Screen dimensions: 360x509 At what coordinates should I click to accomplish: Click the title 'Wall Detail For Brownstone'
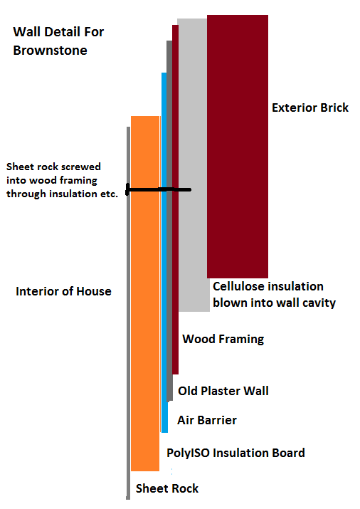click(x=58, y=41)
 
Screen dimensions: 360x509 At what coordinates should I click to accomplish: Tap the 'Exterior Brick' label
click(x=310, y=107)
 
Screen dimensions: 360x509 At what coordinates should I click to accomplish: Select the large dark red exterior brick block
click(x=238, y=147)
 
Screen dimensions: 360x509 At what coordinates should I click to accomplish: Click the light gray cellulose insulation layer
click(x=194, y=165)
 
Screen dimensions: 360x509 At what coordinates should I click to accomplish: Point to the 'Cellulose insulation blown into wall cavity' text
click(x=274, y=295)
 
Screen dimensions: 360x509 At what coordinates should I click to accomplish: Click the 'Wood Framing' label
click(x=223, y=339)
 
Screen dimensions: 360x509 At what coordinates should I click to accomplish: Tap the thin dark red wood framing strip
click(x=175, y=199)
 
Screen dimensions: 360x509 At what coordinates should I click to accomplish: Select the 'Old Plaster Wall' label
click(x=223, y=391)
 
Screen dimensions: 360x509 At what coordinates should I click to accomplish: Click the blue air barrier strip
click(x=164, y=253)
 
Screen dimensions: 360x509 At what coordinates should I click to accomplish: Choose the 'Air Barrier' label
click(x=207, y=421)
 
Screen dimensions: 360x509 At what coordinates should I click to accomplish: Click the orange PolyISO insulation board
click(x=145, y=293)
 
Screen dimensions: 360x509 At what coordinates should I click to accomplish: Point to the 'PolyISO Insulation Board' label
click(x=235, y=453)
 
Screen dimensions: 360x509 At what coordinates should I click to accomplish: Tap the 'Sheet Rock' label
click(x=167, y=488)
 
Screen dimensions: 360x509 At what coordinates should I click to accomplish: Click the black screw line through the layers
click(x=159, y=189)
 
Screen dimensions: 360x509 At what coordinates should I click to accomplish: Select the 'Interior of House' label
click(x=63, y=291)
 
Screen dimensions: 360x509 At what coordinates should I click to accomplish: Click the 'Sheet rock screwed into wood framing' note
click(x=62, y=180)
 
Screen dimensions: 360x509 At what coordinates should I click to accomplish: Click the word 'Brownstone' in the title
click(x=51, y=51)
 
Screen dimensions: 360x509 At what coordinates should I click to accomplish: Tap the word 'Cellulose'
click(x=239, y=286)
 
